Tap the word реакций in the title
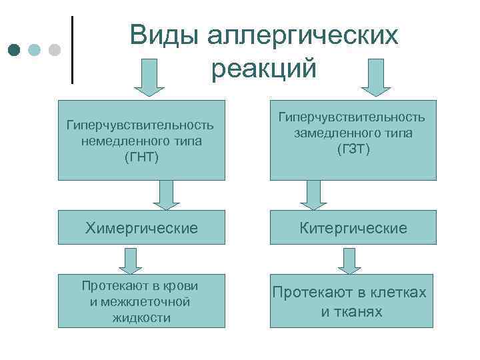point(264,68)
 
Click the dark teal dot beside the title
point(15,51)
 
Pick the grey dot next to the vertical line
point(55,51)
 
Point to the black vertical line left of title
point(72,50)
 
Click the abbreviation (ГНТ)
point(141,156)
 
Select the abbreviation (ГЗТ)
point(353,148)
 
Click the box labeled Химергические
point(141,229)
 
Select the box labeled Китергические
point(353,229)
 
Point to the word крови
point(181,285)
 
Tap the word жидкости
point(141,317)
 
